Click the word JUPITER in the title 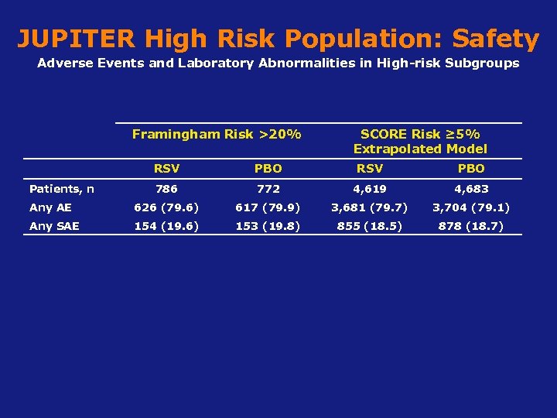coord(76,38)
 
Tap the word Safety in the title coord(495,38)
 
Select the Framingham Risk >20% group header coord(217,135)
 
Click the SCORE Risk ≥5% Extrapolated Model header coord(420,142)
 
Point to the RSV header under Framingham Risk coord(166,168)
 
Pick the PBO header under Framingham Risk coord(268,168)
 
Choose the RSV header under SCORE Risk coord(369,168)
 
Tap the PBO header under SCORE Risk coord(471,168)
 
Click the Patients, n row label coord(62,189)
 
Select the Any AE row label coord(50,207)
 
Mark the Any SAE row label coord(54,226)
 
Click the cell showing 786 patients coord(166,189)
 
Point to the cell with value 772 coord(268,189)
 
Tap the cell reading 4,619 coord(369,189)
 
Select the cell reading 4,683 coord(471,189)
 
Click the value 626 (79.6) coord(166,207)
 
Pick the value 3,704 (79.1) coord(471,207)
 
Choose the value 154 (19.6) coord(166,226)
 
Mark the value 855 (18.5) coord(369,226)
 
